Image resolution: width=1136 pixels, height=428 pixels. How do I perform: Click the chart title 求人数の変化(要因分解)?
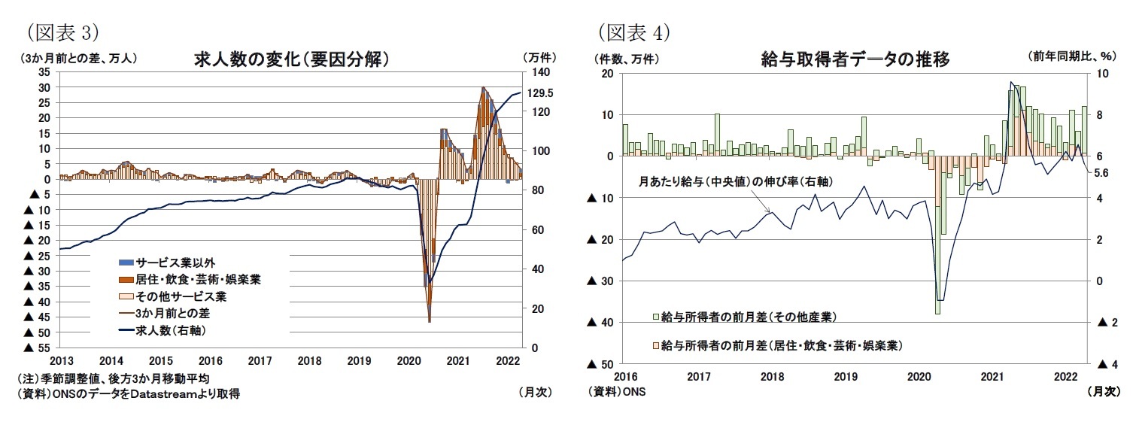[291, 59]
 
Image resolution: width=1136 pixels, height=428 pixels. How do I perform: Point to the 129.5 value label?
[540, 93]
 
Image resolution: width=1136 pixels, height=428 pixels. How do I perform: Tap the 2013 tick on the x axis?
[60, 360]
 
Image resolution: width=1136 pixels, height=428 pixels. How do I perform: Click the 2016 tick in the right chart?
[625, 375]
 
